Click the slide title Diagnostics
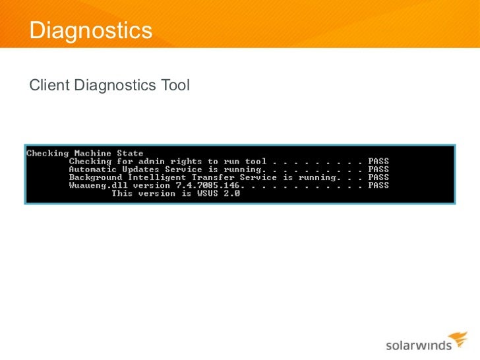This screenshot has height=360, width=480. (91, 30)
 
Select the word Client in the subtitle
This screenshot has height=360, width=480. (49, 85)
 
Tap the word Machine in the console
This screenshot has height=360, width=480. (93, 154)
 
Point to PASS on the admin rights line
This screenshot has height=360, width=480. (378, 162)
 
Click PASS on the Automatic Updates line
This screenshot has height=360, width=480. (378, 169)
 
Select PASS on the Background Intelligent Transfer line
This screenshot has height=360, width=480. (378, 177)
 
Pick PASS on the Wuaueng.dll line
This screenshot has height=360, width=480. (378, 185)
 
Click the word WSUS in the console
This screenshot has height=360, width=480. (210, 193)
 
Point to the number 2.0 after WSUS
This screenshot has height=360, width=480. (232, 193)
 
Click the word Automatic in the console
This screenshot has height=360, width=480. (93, 169)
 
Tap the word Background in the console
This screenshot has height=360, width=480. (96, 177)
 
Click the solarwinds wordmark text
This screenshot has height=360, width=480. (417, 345)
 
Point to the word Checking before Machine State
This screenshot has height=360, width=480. (47, 154)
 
